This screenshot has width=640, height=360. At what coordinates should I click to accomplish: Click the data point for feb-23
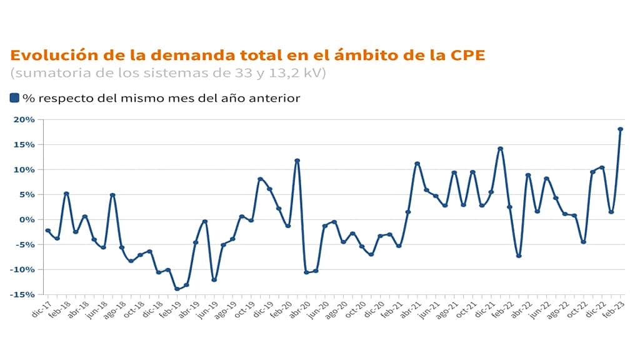[621, 129]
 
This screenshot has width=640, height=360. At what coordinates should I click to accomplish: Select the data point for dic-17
[47, 231]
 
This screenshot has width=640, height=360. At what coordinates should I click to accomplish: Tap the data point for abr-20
[306, 272]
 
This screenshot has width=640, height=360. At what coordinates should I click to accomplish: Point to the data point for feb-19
[177, 289]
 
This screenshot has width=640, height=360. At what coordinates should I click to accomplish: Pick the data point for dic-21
[491, 192]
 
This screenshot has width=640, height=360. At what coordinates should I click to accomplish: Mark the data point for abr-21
[417, 164]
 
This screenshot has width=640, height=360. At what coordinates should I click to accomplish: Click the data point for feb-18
[66, 194]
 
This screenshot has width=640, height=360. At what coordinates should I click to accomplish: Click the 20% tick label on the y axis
[25, 119]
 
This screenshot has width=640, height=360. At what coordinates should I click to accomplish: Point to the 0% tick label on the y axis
[27, 219]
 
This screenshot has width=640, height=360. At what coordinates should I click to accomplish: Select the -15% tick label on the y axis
[24, 294]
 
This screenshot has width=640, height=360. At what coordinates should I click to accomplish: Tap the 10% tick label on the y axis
[25, 169]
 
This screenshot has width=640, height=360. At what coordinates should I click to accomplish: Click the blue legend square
[14, 97]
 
